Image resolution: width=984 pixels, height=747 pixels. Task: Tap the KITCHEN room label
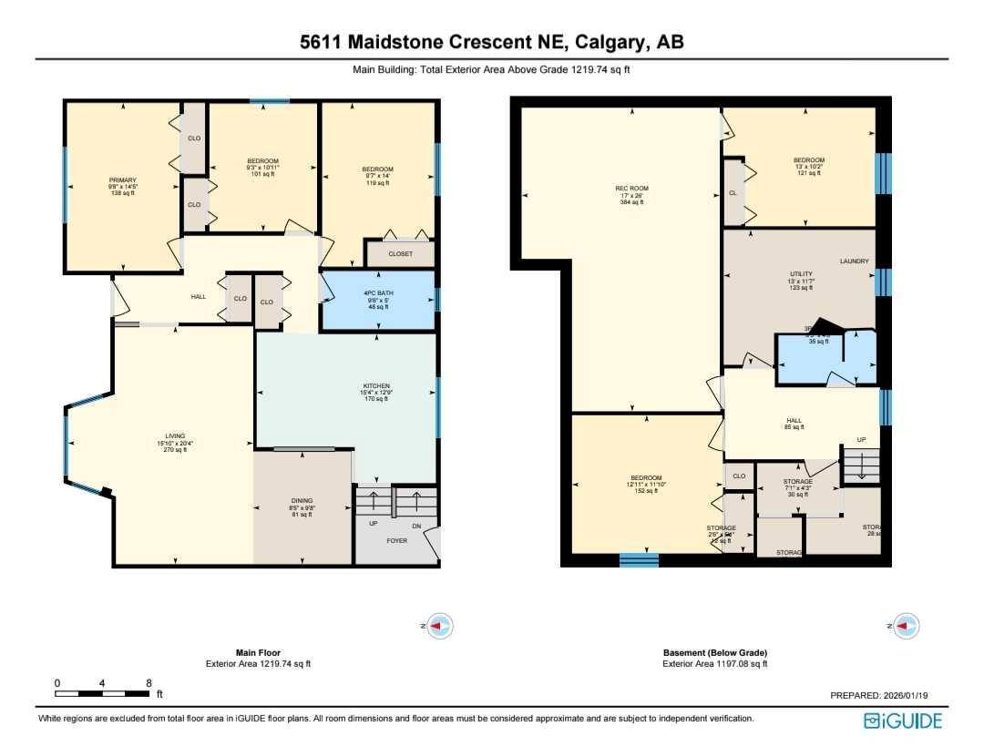pos(376,386)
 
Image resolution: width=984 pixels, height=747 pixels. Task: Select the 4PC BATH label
pos(376,294)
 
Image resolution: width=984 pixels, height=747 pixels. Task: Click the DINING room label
pos(302,501)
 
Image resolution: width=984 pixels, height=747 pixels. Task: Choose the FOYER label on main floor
pos(396,540)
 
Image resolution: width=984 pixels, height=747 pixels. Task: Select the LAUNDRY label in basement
pos(854,261)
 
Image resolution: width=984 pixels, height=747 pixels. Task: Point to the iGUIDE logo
pos(902,721)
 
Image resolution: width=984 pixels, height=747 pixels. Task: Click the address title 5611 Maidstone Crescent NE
pos(492,42)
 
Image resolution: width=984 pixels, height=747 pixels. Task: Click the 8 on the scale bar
pos(149,682)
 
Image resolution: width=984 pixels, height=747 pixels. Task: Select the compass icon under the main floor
pos(440,626)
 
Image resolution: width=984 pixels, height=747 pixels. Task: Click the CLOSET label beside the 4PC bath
pos(400,254)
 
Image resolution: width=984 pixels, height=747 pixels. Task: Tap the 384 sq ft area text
pos(630,202)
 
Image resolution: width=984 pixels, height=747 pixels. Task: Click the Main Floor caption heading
pos(258,652)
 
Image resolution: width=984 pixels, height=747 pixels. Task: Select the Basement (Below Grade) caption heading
pos(714,652)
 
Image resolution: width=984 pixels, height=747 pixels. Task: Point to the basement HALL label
pos(793,420)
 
